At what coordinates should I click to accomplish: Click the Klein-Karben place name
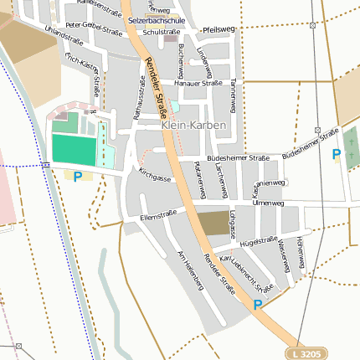pyautogui.click(x=193, y=125)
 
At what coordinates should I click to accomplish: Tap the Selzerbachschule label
pyautogui.click(x=157, y=18)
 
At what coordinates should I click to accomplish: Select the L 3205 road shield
pyautogui.click(x=308, y=354)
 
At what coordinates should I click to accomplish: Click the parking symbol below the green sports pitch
pyautogui.click(x=78, y=177)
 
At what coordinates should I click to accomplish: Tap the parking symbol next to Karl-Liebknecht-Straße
pyautogui.click(x=258, y=306)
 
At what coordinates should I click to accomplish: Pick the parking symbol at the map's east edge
pyautogui.click(x=337, y=154)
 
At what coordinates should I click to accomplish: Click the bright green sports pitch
pyautogui.click(x=74, y=149)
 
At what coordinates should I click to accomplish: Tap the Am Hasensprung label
pyautogui.click(x=190, y=270)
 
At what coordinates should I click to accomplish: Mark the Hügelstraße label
pyautogui.click(x=259, y=241)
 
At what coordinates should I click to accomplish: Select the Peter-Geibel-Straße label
pyautogui.click(x=94, y=29)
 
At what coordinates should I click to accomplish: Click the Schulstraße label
pyautogui.click(x=162, y=32)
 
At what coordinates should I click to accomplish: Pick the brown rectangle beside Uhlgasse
pyautogui.click(x=213, y=223)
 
